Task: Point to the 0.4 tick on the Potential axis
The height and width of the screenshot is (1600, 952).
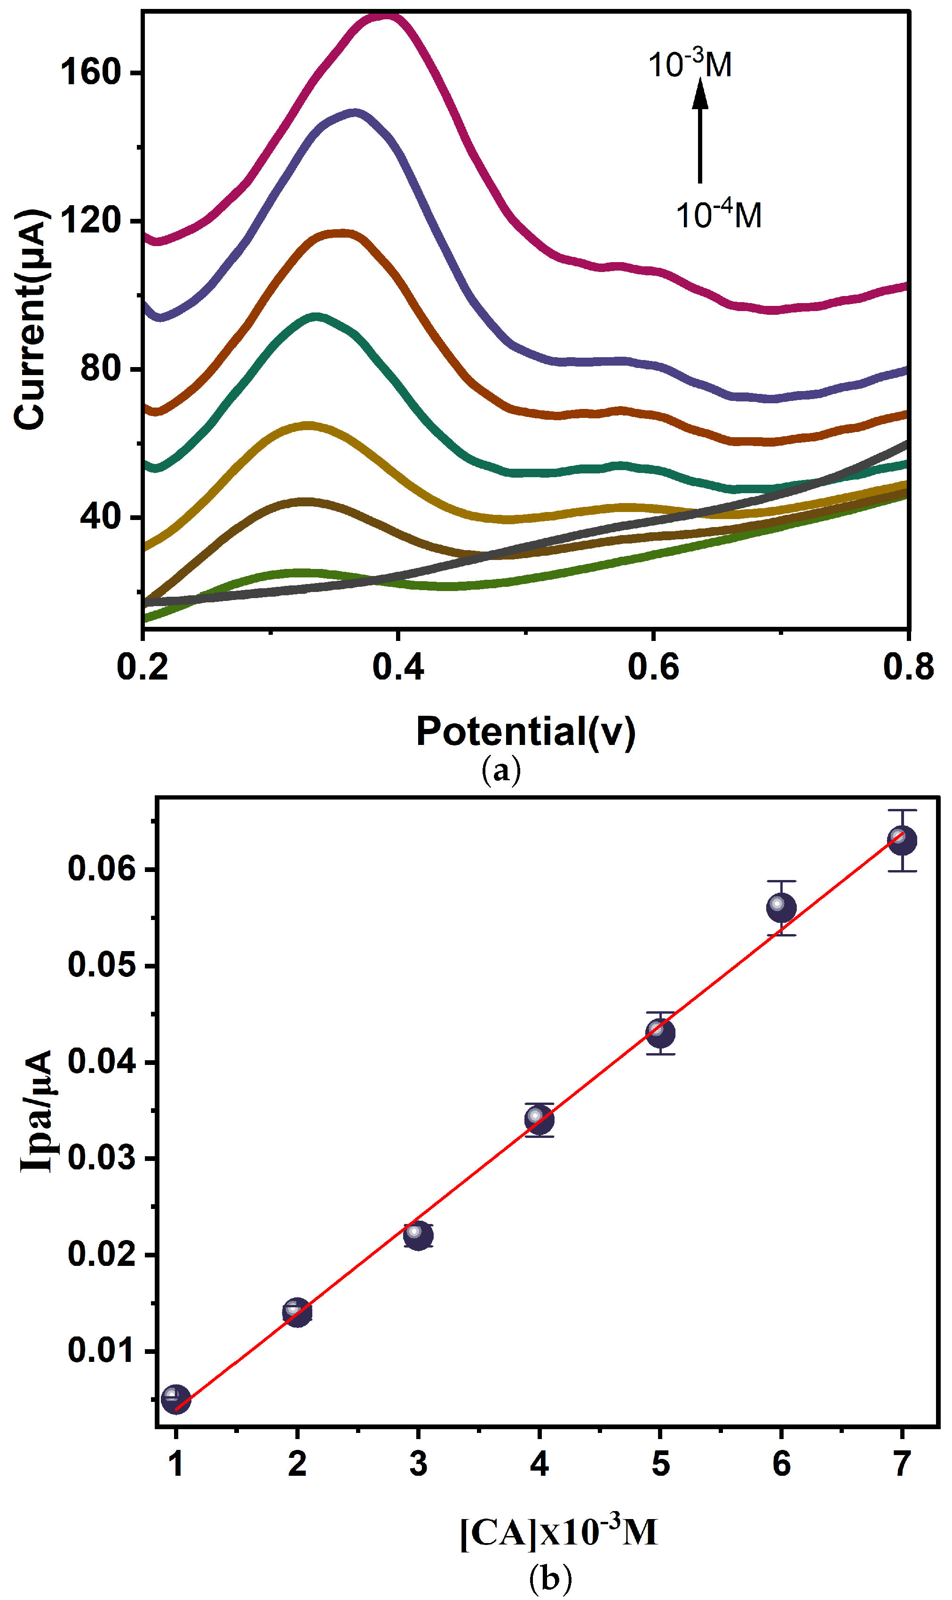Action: (398, 667)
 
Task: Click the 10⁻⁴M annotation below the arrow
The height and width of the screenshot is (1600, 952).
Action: (719, 215)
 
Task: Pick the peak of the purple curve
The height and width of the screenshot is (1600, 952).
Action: (354, 113)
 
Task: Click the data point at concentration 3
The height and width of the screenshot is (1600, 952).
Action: (418, 1235)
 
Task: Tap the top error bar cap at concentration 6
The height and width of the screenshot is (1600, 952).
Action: (781, 881)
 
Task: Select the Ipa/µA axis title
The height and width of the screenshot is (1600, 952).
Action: (37, 1110)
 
